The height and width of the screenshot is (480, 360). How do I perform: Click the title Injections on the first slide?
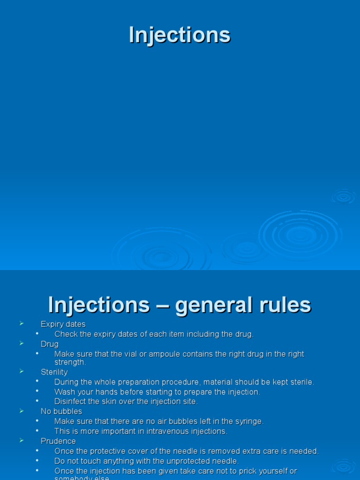tap(180, 35)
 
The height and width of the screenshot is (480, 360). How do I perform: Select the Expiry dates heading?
tap(63, 324)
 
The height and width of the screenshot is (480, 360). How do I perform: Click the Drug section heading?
tap(50, 344)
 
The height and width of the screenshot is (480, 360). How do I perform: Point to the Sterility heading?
tap(54, 372)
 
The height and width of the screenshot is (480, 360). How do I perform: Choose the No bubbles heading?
tap(61, 412)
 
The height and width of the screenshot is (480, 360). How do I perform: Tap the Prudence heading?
tap(58, 442)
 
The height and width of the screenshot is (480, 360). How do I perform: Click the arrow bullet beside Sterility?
tap(22, 371)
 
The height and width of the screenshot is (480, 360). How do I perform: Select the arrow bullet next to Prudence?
tap(22, 440)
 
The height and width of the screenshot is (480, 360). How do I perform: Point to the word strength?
tap(70, 363)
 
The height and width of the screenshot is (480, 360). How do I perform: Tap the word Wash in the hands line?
tap(64, 392)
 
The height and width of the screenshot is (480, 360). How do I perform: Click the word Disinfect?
tap(71, 402)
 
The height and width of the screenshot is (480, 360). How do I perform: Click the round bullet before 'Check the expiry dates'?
tap(37, 334)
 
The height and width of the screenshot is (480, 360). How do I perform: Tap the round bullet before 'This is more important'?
tap(37, 431)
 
